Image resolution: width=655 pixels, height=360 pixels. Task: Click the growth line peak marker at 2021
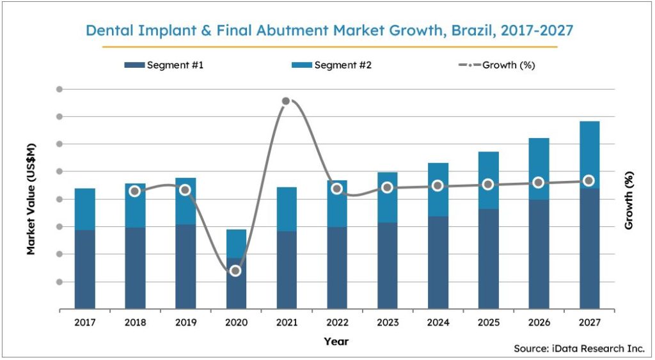pyautogui.click(x=286, y=101)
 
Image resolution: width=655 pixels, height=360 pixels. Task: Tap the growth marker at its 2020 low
pyautogui.click(x=235, y=271)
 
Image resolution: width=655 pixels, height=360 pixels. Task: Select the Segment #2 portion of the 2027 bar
pyautogui.click(x=590, y=154)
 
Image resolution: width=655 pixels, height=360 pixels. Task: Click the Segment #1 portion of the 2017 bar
pyautogui.click(x=84, y=269)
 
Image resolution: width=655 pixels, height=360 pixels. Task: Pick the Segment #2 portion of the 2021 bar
pyautogui.click(x=286, y=208)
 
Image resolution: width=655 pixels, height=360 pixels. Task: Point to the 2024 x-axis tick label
pyautogui.click(x=438, y=323)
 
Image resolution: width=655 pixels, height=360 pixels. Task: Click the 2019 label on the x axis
pyautogui.click(x=185, y=323)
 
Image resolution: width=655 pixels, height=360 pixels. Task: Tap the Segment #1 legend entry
pyautogui.click(x=162, y=65)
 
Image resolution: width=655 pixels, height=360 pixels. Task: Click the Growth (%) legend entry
pyautogui.click(x=496, y=65)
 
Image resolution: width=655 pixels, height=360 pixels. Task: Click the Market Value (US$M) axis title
pyautogui.click(x=31, y=199)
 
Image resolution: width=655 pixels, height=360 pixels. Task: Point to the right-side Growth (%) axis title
pyautogui.click(x=629, y=200)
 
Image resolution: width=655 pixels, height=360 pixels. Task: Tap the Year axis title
pyautogui.click(x=336, y=341)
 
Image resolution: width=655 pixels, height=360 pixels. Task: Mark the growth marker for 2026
pyautogui.click(x=539, y=183)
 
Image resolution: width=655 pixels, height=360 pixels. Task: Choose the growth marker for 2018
pyautogui.click(x=135, y=191)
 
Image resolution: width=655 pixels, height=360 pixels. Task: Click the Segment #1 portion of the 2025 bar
pyautogui.click(x=488, y=258)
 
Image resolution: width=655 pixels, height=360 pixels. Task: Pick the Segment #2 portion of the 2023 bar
pyautogui.click(x=387, y=197)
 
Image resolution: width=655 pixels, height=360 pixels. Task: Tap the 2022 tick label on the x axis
pyautogui.click(x=336, y=323)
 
